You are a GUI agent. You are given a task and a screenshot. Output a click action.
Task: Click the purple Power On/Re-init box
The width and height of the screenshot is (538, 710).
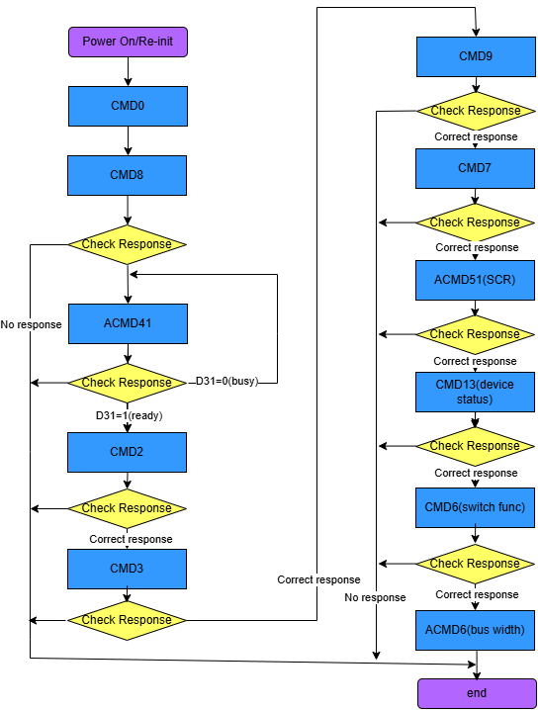(x=128, y=42)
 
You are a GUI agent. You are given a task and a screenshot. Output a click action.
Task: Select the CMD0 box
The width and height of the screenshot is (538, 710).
(x=128, y=106)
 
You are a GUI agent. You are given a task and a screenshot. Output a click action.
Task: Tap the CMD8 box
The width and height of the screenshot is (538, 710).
(x=127, y=175)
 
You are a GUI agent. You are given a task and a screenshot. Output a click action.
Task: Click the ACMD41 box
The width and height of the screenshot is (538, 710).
(x=128, y=323)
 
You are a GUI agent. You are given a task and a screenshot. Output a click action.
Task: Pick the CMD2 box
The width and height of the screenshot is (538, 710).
(x=127, y=452)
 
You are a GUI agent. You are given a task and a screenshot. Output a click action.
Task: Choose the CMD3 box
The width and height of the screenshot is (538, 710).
(x=127, y=569)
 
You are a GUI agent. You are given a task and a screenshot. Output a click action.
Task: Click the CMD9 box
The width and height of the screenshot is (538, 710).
(x=476, y=56)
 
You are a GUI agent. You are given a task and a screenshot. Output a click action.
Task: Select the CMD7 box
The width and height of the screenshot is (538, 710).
(x=475, y=168)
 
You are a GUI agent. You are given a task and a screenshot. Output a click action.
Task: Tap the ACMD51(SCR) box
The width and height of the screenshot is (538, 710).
(x=475, y=280)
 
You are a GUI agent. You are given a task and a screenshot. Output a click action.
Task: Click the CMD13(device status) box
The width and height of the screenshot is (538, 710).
(x=475, y=392)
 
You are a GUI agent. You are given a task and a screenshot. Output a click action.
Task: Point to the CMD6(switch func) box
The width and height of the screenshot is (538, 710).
(x=475, y=507)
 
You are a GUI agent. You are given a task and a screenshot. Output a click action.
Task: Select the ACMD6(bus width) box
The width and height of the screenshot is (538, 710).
(x=475, y=630)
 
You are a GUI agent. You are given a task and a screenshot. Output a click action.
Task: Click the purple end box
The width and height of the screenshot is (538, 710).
(x=477, y=693)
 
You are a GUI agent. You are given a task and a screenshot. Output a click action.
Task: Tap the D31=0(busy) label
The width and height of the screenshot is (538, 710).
(x=226, y=381)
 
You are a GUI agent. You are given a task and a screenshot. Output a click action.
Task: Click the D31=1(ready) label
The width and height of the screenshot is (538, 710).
(x=130, y=415)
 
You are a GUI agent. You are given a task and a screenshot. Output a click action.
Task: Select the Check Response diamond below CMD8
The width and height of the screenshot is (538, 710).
(x=128, y=244)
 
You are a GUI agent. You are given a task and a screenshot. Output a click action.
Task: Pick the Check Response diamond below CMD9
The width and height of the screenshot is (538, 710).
(x=476, y=111)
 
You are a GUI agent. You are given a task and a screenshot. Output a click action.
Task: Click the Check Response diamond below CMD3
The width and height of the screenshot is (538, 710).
(x=127, y=620)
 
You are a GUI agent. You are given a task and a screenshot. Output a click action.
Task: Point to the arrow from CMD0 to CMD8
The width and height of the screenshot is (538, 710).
(x=128, y=140)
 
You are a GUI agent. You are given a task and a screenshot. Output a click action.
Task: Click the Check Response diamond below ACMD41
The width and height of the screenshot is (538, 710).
(x=128, y=383)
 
